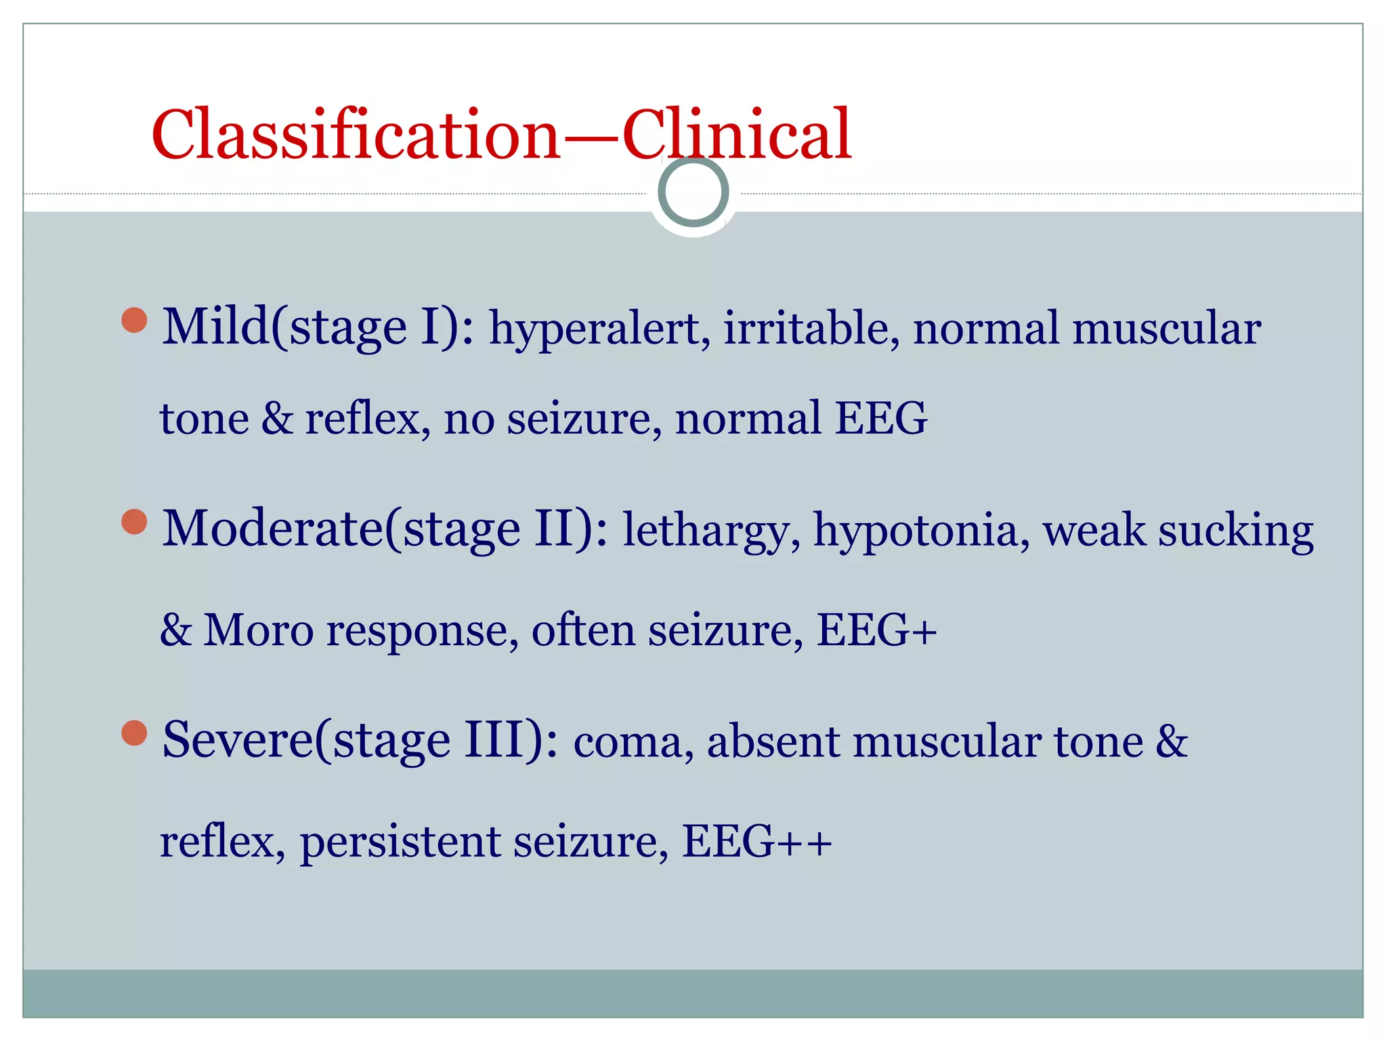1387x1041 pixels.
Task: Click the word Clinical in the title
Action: pyautogui.click(x=736, y=136)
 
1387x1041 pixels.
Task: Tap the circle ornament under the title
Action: pyautogui.click(x=693, y=192)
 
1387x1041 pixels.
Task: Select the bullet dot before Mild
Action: pyautogui.click(x=135, y=320)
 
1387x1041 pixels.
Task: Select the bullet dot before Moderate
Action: pyautogui.click(x=135, y=522)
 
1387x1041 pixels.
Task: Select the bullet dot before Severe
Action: pyautogui.click(x=135, y=733)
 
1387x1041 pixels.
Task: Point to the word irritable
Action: pyautogui.click(x=811, y=329)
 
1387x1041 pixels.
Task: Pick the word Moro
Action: pyautogui.click(x=259, y=630)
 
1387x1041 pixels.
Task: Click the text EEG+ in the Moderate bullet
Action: pyautogui.click(x=876, y=630)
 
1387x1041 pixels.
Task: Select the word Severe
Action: pyautogui.click(x=238, y=740)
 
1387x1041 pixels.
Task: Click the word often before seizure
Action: pyautogui.click(x=583, y=630)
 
